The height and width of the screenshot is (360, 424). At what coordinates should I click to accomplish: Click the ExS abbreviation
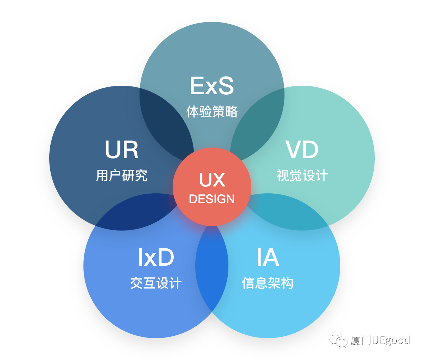tap(212, 86)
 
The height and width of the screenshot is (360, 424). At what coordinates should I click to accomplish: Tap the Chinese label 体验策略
tap(212, 112)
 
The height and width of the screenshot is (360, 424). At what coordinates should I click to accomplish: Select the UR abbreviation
tap(122, 150)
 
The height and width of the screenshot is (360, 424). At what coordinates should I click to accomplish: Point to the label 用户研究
tap(122, 176)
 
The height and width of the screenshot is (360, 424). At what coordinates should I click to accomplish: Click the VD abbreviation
tap(302, 150)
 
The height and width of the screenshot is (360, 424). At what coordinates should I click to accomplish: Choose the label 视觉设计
tap(302, 176)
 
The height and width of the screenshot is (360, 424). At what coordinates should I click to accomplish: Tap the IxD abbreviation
tap(156, 258)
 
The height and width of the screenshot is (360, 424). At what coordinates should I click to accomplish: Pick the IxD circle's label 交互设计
tap(156, 283)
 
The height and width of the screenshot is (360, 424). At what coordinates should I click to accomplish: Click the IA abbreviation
tap(268, 258)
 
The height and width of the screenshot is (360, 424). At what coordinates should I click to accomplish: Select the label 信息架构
tap(268, 283)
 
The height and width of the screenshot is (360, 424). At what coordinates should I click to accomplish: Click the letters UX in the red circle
tap(212, 180)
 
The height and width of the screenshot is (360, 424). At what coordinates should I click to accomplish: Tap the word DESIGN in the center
tap(212, 199)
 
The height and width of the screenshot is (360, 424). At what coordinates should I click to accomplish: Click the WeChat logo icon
tap(338, 340)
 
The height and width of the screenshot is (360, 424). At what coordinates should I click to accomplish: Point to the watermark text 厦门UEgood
tap(380, 340)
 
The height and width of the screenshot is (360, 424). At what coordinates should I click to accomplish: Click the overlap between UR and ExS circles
tap(164, 123)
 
